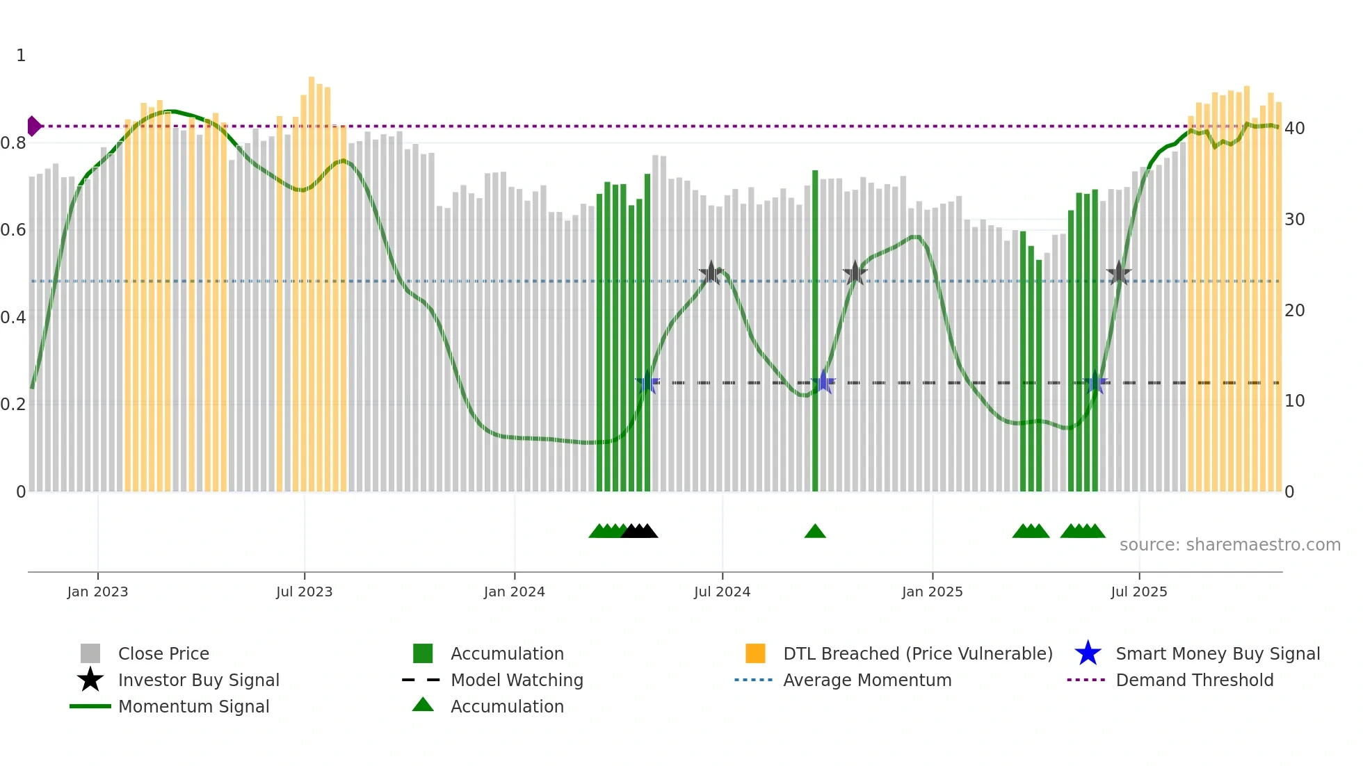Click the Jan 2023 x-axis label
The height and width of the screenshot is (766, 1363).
[97, 592]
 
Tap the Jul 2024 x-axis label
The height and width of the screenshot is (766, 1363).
[722, 592]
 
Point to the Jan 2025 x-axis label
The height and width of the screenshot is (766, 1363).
[932, 592]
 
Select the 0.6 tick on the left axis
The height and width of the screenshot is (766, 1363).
[13, 230]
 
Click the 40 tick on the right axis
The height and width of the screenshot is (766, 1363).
[1294, 129]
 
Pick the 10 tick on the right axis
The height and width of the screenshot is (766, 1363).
[1294, 401]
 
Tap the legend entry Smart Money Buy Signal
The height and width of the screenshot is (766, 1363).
[1217, 653]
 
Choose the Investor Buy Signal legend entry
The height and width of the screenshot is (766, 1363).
[198, 680]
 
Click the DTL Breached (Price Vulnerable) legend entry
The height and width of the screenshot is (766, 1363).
[917, 653]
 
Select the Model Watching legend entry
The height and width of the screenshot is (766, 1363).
[516, 680]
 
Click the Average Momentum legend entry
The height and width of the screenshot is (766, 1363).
[866, 680]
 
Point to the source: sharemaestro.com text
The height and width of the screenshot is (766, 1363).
[1229, 545]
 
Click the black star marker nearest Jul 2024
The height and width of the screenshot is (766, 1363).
[711, 273]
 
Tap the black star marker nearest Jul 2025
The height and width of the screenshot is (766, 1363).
[1118, 273]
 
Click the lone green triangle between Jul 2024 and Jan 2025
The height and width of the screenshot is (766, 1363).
[815, 532]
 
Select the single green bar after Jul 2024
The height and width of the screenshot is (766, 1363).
[815, 330]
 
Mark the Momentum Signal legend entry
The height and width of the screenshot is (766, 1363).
[193, 706]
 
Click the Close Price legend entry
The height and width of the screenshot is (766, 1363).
[163, 653]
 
